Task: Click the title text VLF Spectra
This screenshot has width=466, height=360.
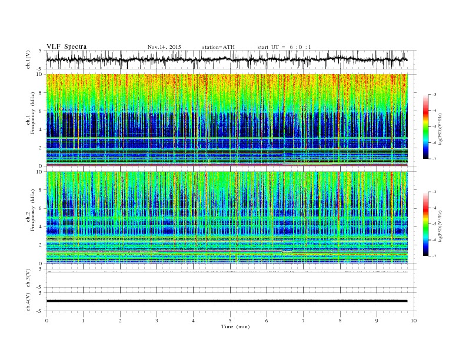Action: pos(66,46)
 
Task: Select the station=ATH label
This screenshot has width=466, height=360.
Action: pos(218,46)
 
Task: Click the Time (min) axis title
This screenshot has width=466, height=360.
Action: pos(230,326)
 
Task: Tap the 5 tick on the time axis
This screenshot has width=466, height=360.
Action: pos(230,320)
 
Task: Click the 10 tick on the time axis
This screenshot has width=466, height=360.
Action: pos(414,320)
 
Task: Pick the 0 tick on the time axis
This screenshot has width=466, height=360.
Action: pos(46,320)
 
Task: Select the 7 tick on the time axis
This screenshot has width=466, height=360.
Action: pos(304,320)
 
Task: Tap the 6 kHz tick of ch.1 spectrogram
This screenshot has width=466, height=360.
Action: pos(41,111)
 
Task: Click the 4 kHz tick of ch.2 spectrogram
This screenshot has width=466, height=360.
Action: pos(41,227)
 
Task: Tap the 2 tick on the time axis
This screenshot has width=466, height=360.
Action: pos(120,320)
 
